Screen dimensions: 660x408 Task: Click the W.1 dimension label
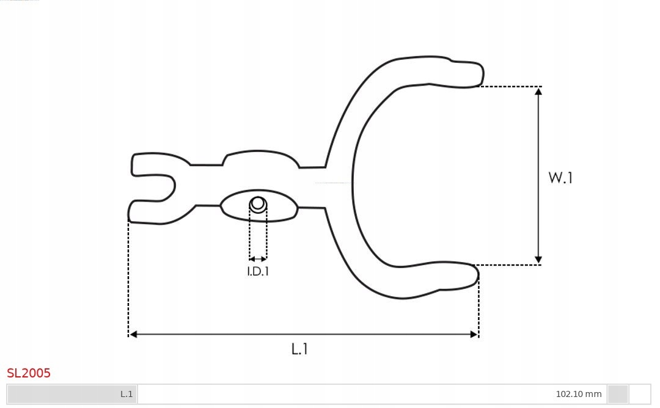[x=560, y=178]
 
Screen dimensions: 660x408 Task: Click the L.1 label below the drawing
[x=299, y=349]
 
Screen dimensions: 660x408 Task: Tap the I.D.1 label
[x=258, y=272]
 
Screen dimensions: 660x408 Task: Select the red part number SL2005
[x=29, y=373]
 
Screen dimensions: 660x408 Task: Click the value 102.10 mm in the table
[x=578, y=394]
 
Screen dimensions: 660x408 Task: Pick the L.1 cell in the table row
[x=127, y=394]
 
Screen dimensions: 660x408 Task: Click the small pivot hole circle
[x=258, y=203]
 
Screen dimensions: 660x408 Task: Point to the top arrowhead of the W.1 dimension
[x=538, y=91]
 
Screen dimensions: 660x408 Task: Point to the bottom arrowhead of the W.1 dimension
[x=538, y=260]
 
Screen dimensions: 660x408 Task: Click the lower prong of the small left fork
[x=147, y=211]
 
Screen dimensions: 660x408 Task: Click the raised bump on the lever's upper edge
[x=260, y=158]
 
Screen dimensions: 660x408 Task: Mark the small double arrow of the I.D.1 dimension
[x=258, y=259]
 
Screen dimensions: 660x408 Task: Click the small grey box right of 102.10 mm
[x=618, y=394]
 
